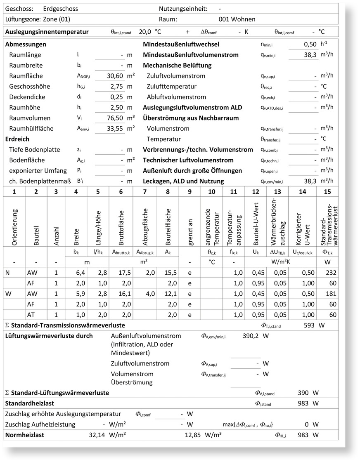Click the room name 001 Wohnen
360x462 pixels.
(237, 19)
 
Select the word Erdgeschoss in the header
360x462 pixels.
(60, 9)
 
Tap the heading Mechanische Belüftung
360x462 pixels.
(177, 65)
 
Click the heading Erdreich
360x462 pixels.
(17, 139)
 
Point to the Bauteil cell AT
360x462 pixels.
(31, 315)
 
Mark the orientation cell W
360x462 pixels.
(8, 294)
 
